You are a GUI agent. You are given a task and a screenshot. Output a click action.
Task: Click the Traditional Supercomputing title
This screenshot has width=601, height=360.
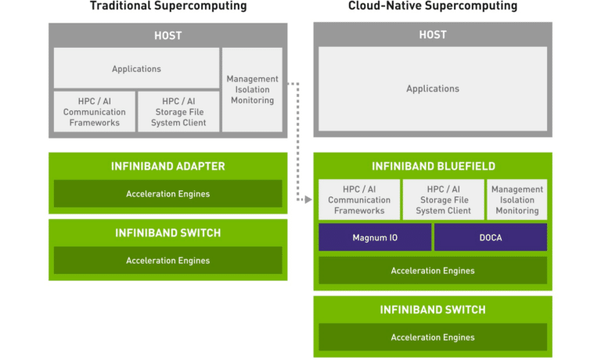[168, 5]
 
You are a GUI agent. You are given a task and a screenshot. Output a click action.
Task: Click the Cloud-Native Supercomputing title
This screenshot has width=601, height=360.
[433, 5]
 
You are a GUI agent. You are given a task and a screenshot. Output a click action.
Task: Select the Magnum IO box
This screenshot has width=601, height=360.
[375, 237]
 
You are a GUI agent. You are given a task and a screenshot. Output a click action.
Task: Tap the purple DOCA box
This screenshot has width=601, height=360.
[491, 237]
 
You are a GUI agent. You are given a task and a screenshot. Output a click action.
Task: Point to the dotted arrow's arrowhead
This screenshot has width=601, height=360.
[308, 200]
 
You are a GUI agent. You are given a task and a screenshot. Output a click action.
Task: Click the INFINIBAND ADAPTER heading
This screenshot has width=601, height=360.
[168, 167]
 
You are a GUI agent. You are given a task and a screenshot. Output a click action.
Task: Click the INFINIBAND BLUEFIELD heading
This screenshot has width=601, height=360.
[434, 167]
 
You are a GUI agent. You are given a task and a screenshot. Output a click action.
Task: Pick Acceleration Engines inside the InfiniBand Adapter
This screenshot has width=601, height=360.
[168, 193]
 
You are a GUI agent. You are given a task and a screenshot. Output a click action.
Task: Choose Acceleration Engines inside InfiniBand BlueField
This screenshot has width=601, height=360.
[433, 271]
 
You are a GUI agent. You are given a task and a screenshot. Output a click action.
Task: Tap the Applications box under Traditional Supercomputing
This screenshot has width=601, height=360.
[136, 68]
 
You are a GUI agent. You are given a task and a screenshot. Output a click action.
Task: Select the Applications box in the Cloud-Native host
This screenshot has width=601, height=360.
[433, 88]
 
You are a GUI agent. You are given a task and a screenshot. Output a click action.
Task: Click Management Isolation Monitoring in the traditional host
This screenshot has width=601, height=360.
[252, 90]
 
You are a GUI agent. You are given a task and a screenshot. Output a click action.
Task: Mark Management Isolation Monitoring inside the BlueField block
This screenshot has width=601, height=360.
[517, 200]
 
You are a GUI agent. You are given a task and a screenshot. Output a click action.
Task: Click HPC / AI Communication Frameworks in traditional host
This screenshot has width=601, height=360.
[94, 112]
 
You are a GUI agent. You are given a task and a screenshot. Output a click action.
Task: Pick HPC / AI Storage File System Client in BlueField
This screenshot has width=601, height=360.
[444, 200]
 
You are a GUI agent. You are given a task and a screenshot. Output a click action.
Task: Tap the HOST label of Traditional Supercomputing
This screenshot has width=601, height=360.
[168, 36]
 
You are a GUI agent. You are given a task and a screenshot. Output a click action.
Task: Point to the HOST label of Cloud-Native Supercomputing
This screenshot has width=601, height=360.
[433, 35]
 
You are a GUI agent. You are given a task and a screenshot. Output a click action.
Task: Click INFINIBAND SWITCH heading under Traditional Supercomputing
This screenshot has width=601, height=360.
[168, 233]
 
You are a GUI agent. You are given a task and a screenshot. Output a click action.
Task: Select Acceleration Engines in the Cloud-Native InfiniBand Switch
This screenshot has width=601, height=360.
[433, 337]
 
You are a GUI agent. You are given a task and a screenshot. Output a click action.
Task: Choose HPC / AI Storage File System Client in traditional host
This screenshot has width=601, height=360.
[178, 112]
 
